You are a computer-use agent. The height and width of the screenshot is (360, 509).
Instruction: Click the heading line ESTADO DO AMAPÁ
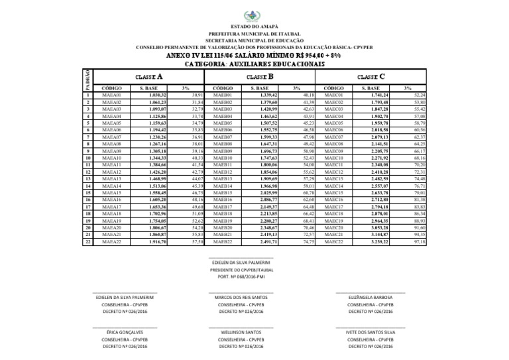pyautogui.click(x=254, y=27)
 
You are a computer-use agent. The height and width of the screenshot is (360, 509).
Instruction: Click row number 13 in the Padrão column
pyautogui.click(x=88, y=179)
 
